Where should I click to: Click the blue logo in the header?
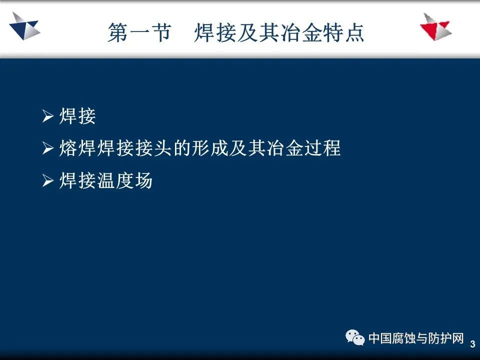click(24, 26)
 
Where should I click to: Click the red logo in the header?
click(436, 27)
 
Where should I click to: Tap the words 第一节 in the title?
click(139, 32)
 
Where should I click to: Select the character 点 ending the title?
click(355, 32)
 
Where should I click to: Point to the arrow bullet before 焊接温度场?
click(48, 180)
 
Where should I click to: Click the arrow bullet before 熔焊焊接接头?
click(48, 148)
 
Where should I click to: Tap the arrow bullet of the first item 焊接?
click(48, 116)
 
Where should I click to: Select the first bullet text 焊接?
click(77, 116)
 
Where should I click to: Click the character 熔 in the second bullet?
click(68, 148)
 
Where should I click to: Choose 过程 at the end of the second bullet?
click(322, 148)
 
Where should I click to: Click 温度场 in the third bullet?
click(124, 180)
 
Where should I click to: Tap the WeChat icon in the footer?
click(355, 337)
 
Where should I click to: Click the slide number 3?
click(472, 344)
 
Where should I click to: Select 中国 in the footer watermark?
click(379, 338)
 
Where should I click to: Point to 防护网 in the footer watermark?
click(446, 338)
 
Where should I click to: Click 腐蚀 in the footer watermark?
click(404, 338)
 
